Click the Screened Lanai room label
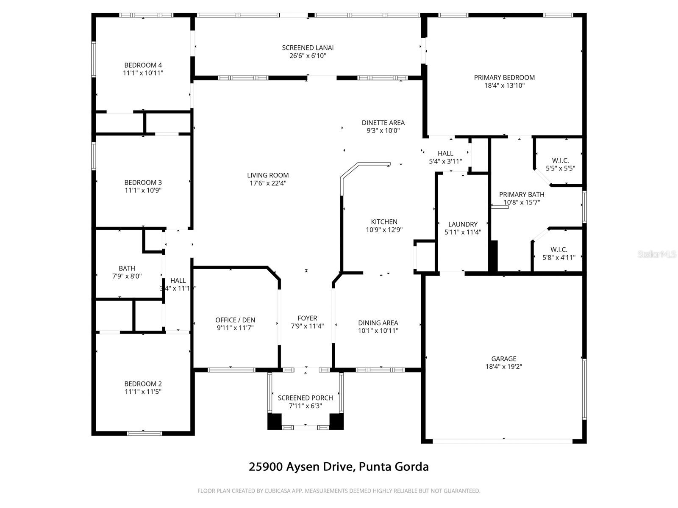click(x=308, y=48)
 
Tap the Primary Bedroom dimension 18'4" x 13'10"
click(x=504, y=86)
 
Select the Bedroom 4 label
click(x=143, y=65)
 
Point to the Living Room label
click(x=268, y=175)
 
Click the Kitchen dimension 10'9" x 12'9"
click(x=384, y=230)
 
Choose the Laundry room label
click(x=463, y=224)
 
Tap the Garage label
click(x=503, y=359)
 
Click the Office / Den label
click(x=235, y=320)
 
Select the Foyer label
click(x=307, y=318)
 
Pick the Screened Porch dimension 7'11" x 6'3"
click(x=305, y=406)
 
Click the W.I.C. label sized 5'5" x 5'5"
click(x=560, y=160)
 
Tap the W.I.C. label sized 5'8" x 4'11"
click(x=559, y=250)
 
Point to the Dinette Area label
click(x=383, y=123)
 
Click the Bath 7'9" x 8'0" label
click(x=127, y=268)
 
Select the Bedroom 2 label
click(x=143, y=384)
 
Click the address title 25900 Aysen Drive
click(x=338, y=467)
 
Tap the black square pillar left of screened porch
click(x=275, y=421)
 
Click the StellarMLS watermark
click(x=657, y=254)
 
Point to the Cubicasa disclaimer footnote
click(x=339, y=491)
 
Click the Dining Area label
click(x=378, y=323)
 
